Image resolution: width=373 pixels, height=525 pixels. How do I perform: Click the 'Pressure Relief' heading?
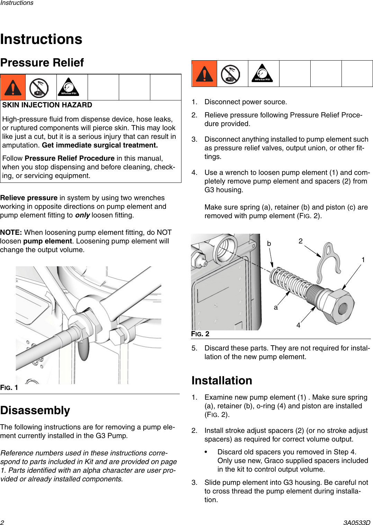coord(42,63)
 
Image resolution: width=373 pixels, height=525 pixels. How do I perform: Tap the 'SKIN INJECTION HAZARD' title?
coord(47,105)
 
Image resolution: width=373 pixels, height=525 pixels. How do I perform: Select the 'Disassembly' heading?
coord(35,410)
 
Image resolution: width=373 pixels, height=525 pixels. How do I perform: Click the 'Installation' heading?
coord(222,381)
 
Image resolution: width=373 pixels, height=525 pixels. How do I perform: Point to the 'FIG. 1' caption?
coord(9,388)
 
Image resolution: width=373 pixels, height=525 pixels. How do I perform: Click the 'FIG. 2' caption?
coord(200,334)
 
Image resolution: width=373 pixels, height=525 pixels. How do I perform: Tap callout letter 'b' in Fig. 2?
coord(269,243)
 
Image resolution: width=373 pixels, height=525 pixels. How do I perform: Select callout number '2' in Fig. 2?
coord(300,241)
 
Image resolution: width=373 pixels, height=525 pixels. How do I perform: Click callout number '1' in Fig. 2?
coord(363,260)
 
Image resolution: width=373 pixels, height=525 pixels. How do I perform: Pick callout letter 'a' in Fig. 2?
coord(276,307)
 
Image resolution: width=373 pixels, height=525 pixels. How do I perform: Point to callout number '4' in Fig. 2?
coord(298,325)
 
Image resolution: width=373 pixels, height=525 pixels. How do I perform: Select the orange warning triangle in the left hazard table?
coord(13,88)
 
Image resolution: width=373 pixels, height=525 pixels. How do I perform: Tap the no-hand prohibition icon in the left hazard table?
coord(39,88)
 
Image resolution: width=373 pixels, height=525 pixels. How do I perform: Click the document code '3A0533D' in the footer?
coord(357,523)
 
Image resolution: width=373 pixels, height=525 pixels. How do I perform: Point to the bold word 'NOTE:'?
coord(11,232)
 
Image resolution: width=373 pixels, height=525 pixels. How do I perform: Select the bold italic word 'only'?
coord(82,215)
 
